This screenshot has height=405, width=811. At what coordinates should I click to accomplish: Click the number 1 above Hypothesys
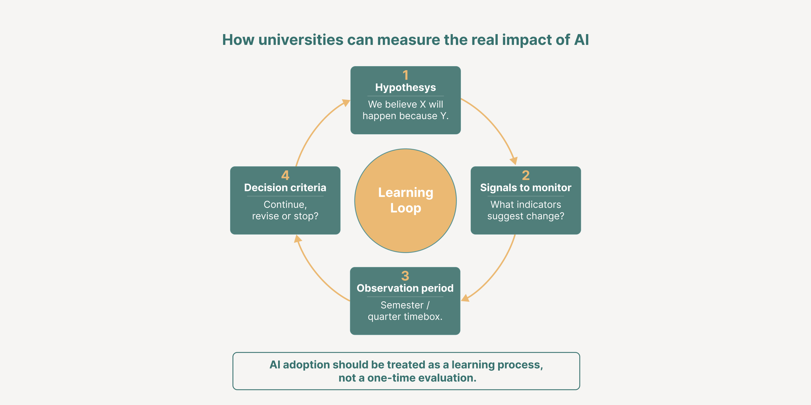[x=405, y=75]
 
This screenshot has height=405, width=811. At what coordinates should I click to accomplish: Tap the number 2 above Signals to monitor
[x=525, y=175]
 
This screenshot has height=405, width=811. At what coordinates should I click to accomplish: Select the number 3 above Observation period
[x=405, y=276]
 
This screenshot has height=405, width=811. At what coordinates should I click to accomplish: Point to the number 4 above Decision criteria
[x=285, y=175]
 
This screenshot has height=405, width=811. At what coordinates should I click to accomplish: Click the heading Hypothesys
[x=405, y=87]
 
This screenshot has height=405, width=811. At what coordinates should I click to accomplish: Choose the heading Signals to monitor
[x=525, y=188]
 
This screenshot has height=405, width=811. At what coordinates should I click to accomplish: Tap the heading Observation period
[x=405, y=288]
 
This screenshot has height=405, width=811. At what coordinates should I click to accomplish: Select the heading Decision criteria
[x=285, y=188]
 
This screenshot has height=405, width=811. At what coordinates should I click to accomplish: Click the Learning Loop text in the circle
[x=405, y=200]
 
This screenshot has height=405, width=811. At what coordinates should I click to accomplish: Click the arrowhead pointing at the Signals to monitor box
[x=514, y=161]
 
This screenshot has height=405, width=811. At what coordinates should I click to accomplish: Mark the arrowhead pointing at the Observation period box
[x=466, y=298]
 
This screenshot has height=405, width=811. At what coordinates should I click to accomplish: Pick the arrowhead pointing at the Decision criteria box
[x=297, y=239]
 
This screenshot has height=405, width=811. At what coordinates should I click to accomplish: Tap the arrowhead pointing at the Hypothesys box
[x=346, y=102]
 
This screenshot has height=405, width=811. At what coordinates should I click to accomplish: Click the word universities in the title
[x=301, y=40]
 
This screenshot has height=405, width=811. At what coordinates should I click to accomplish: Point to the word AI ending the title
[x=581, y=40]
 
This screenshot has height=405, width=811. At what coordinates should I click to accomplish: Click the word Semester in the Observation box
[x=402, y=305]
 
